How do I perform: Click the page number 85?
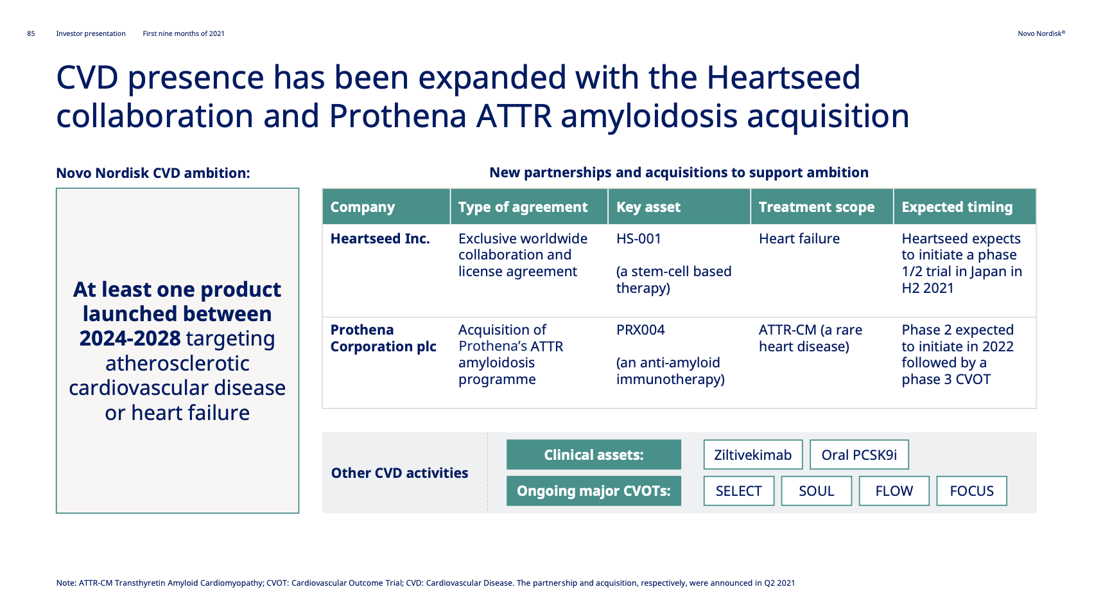pyautogui.click(x=31, y=33)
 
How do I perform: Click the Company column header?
pyautogui.click(x=362, y=207)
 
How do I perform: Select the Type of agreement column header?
pyautogui.click(x=523, y=207)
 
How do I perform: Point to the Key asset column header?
pyautogui.click(x=648, y=207)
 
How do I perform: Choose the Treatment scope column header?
pyautogui.click(x=816, y=207)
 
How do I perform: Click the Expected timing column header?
pyautogui.click(x=957, y=207)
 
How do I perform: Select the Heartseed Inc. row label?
pyautogui.click(x=380, y=238)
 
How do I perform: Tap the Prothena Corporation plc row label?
pyautogui.click(x=383, y=338)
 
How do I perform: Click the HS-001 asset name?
pyautogui.click(x=638, y=238)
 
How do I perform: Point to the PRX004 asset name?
pyautogui.click(x=640, y=329)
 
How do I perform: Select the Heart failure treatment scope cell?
pyautogui.click(x=799, y=238)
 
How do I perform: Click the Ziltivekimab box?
pyautogui.click(x=752, y=455)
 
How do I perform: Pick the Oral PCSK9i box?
pyautogui.click(x=859, y=455)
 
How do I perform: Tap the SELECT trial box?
pyautogui.click(x=738, y=491)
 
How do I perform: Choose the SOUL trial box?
pyautogui.click(x=816, y=491)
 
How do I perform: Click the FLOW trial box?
pyautogui.click(x=894, y=491)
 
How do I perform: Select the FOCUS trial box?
pyautogui.click(x=971, y=491)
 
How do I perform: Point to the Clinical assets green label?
pyautogui.click(x=593, y=455)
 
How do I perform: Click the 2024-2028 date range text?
pyautogui.click(x=130, y=338)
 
